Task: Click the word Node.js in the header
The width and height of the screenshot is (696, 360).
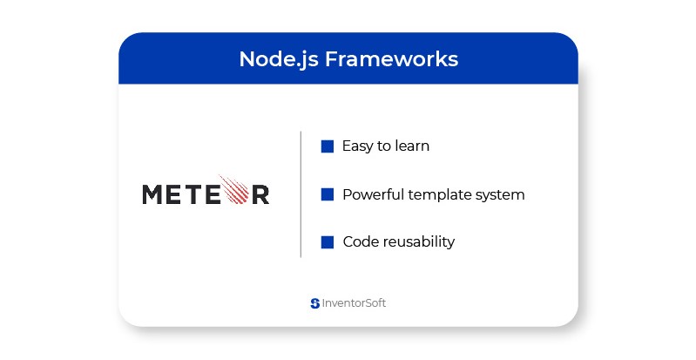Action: pyautogui.click(x=279, y=59)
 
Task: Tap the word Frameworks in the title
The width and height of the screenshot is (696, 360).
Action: pyautogui.click(x=391, y=58)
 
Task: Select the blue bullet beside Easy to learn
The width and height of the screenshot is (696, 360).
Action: pyautogui.click(x=328, y=146)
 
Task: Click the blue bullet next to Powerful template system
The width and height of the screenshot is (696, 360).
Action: pyautogui.click(x=328, y=194)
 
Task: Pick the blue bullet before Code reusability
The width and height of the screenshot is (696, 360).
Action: pyautogui.click(x=328, y=241)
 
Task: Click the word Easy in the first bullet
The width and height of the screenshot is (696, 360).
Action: pyautogui.click(x=357, y=146)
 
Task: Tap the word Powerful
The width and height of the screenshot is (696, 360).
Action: pyautogui.click(x=373, y=194)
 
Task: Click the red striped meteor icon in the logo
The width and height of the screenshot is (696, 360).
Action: pyautogui.click(x=234, y=189)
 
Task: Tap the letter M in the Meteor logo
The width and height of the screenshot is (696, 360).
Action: pyautogui.click(x=152, y=194)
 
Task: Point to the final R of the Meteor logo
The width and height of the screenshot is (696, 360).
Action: pyautogui.click(x=260, y=194)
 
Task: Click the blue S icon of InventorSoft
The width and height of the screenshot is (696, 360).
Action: pyautogui.click(x=315, y=303)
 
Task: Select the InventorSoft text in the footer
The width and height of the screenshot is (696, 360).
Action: pyautogui.click(x=354, y=303)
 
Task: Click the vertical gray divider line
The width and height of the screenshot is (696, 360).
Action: pyautogui.click(x=301, y=194)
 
